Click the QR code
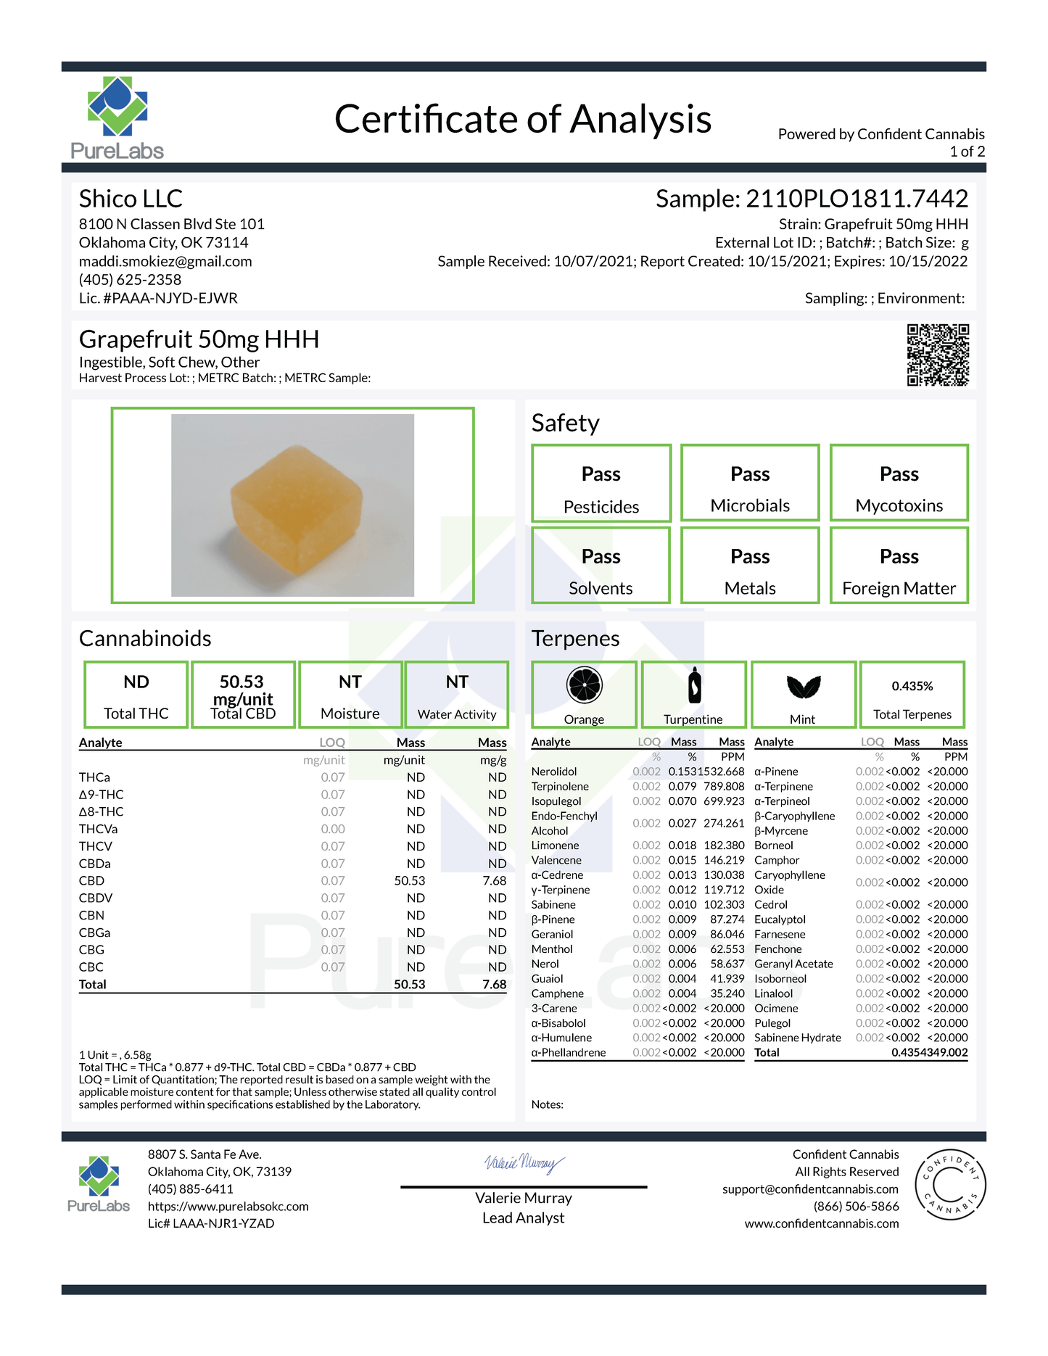point(937,355)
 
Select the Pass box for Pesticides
point(601,483)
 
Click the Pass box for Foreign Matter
point(899,566)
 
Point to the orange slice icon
point(584,685)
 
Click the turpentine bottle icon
point(694,685)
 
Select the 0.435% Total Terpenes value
point(912,686)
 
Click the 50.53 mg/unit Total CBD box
point(243,695)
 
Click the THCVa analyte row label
point(99,829)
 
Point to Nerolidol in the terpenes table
point(554,772)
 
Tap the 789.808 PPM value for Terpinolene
point(724,786)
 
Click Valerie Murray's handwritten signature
point(524,1164)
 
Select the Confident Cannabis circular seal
point(950,1185)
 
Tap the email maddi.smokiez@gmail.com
point(165,261)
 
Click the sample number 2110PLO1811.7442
point(857,199)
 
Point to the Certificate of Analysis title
point(523,120)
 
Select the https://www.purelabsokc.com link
point(228,1207)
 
